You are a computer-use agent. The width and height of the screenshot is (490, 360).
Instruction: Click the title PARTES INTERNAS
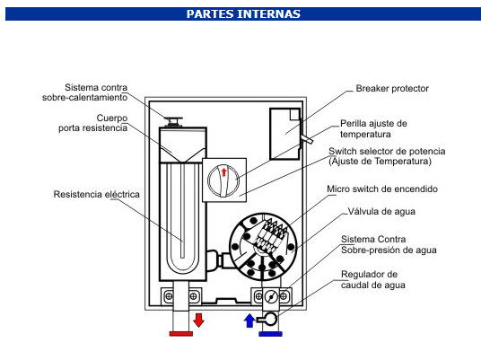coord(243,14)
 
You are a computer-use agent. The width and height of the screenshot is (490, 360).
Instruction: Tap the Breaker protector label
coord(392,89)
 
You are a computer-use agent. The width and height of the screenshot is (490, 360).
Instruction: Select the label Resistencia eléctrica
coord(97,195)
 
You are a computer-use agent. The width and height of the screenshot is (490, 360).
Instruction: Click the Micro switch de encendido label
coord(382,189)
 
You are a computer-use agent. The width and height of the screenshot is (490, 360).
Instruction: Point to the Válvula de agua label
coord(381,212)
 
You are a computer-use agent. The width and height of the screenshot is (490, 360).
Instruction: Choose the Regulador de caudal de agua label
coord(373,280)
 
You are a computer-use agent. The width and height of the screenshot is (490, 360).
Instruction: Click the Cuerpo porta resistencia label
coord(93,123)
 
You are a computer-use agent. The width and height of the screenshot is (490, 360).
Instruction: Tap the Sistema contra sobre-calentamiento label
coord(85,92)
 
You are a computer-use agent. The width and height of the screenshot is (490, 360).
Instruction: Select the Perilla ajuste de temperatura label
coord(373,128)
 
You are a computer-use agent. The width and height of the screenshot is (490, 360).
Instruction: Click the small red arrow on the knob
coord(223,172)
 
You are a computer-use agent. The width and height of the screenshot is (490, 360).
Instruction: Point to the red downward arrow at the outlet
coord(198,320)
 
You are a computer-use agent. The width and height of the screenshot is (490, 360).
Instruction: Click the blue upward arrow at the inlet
coord(249,320)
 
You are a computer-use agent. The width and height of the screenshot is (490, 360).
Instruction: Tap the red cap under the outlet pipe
coord(181,334)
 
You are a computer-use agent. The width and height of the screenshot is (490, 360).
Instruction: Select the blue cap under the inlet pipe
coord(271,334)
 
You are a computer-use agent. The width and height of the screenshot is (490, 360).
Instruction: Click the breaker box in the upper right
coord(285,134)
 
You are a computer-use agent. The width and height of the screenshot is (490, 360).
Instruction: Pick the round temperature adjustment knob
coord(223,180)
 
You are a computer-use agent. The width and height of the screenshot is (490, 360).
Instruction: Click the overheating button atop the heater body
coord(173,121)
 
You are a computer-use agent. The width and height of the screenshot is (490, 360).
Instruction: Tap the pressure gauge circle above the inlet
coord(271,296)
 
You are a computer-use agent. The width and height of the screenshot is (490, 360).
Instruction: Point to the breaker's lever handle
coord(306,138)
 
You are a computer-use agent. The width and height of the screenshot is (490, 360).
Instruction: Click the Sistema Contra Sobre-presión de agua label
coord(389,245)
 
